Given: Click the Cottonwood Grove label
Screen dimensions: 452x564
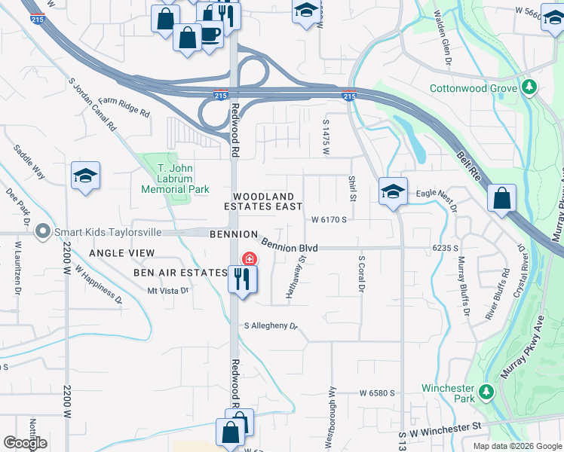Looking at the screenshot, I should tap(473, 88).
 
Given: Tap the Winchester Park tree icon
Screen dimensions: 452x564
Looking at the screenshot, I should tap(486, 392).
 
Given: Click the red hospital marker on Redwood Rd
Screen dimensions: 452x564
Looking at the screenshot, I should tap(247, 259).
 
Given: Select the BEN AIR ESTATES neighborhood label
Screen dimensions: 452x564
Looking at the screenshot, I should tap(180, 271).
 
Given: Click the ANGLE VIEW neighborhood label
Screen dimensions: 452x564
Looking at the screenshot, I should tap(121, 253).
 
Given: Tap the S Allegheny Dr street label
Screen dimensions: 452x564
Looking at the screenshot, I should tap(271, 326).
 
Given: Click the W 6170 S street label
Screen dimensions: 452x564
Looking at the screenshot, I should tap(329, 220).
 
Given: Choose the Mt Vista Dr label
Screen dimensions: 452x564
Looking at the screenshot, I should tap(166, 290).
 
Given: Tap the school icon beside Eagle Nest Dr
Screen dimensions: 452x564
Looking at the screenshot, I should tap(393, 191).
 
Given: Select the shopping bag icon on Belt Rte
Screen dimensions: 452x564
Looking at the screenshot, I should tap(501, 199).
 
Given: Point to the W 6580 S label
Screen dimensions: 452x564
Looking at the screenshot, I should tap(377, 393).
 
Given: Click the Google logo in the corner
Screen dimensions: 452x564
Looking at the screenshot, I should tap(26, 443).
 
